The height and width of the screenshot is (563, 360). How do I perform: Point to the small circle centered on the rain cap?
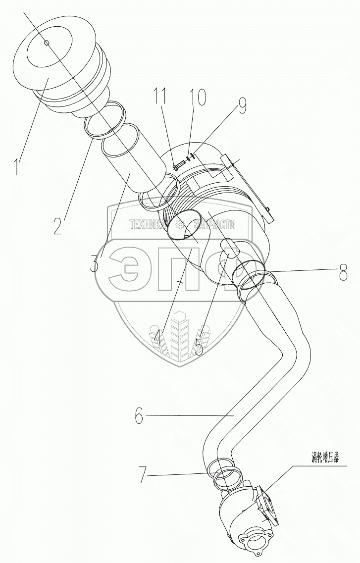47,43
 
